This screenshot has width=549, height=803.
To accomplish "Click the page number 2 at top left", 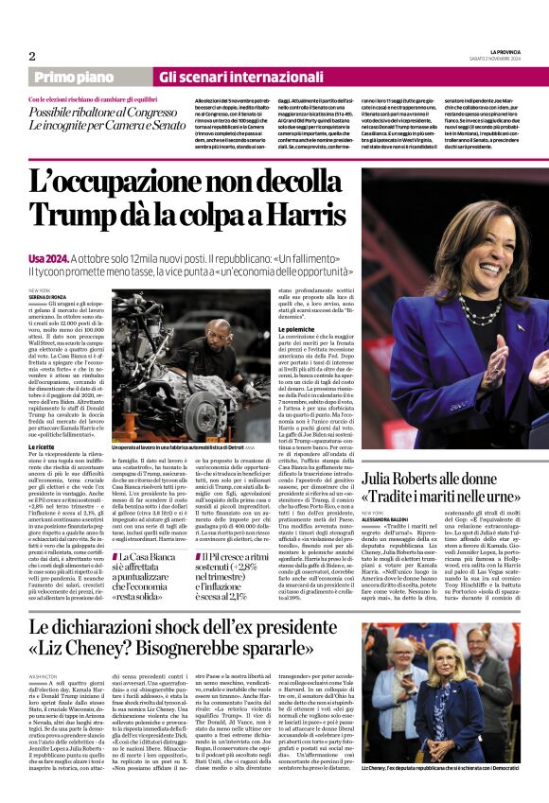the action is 31,55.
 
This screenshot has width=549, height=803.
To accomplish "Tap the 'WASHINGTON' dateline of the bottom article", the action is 44,677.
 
